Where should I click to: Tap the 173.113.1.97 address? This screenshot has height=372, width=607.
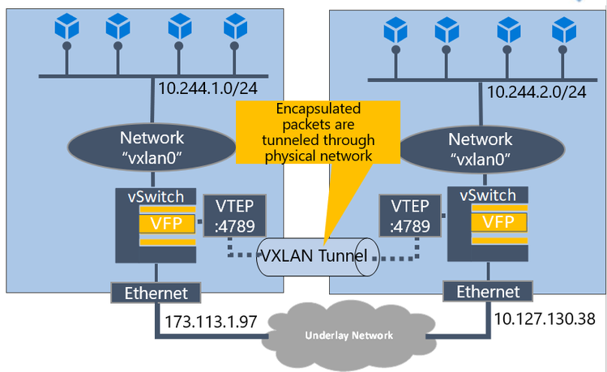pyautogui.click(x=211, y=320)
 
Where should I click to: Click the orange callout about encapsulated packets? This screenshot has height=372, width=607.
pyautogui.click(x=318, y=134)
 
